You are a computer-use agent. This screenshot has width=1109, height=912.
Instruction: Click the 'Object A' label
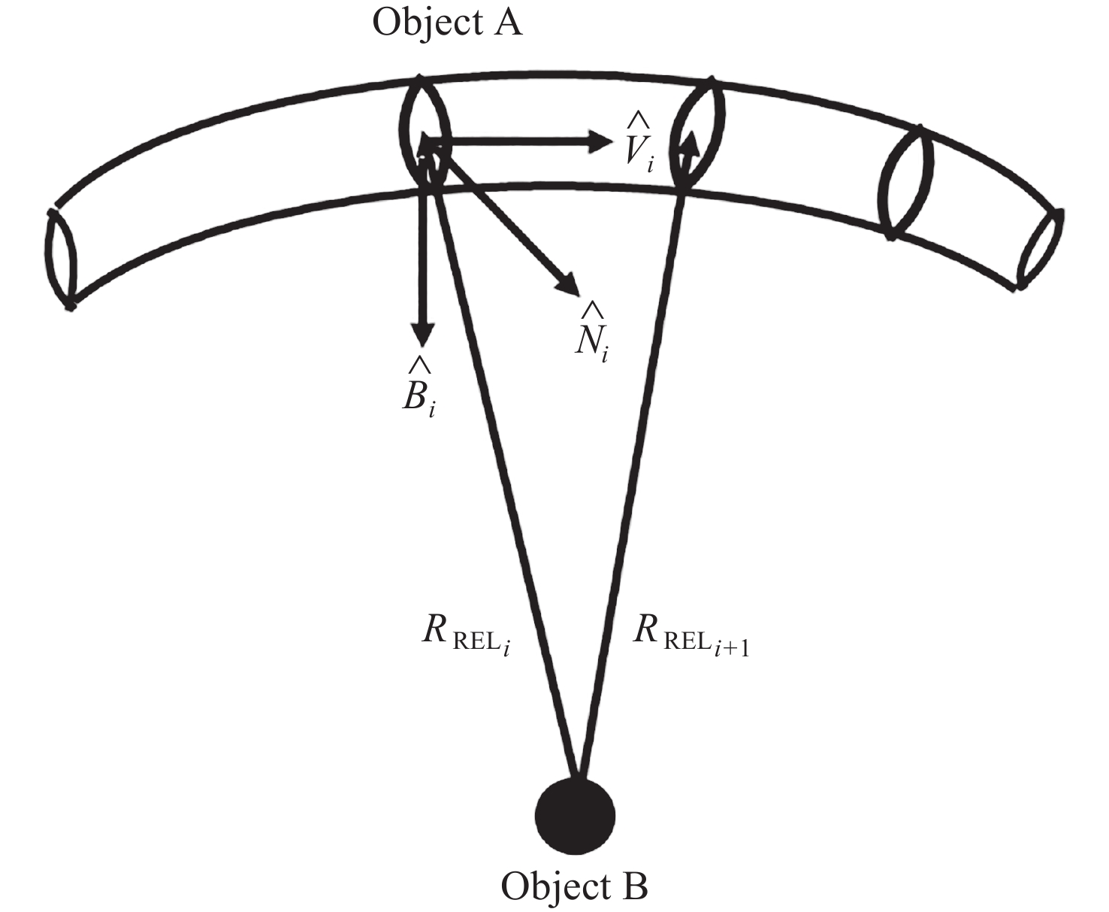pyautogui.click(x=448, y=23)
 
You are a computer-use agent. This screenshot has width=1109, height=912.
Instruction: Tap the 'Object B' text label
pyautogui.click(x=575, y=886)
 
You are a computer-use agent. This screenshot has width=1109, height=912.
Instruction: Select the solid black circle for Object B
pyautogui.click(x=575, y=817)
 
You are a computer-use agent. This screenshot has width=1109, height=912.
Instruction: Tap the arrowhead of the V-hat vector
pyautogui.click(x=600, y=141)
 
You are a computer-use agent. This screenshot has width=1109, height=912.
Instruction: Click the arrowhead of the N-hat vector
pyautogui.click(x=568, y=283)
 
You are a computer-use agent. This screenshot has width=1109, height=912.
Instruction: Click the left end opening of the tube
pyautogui.click(x=59, y=258)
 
